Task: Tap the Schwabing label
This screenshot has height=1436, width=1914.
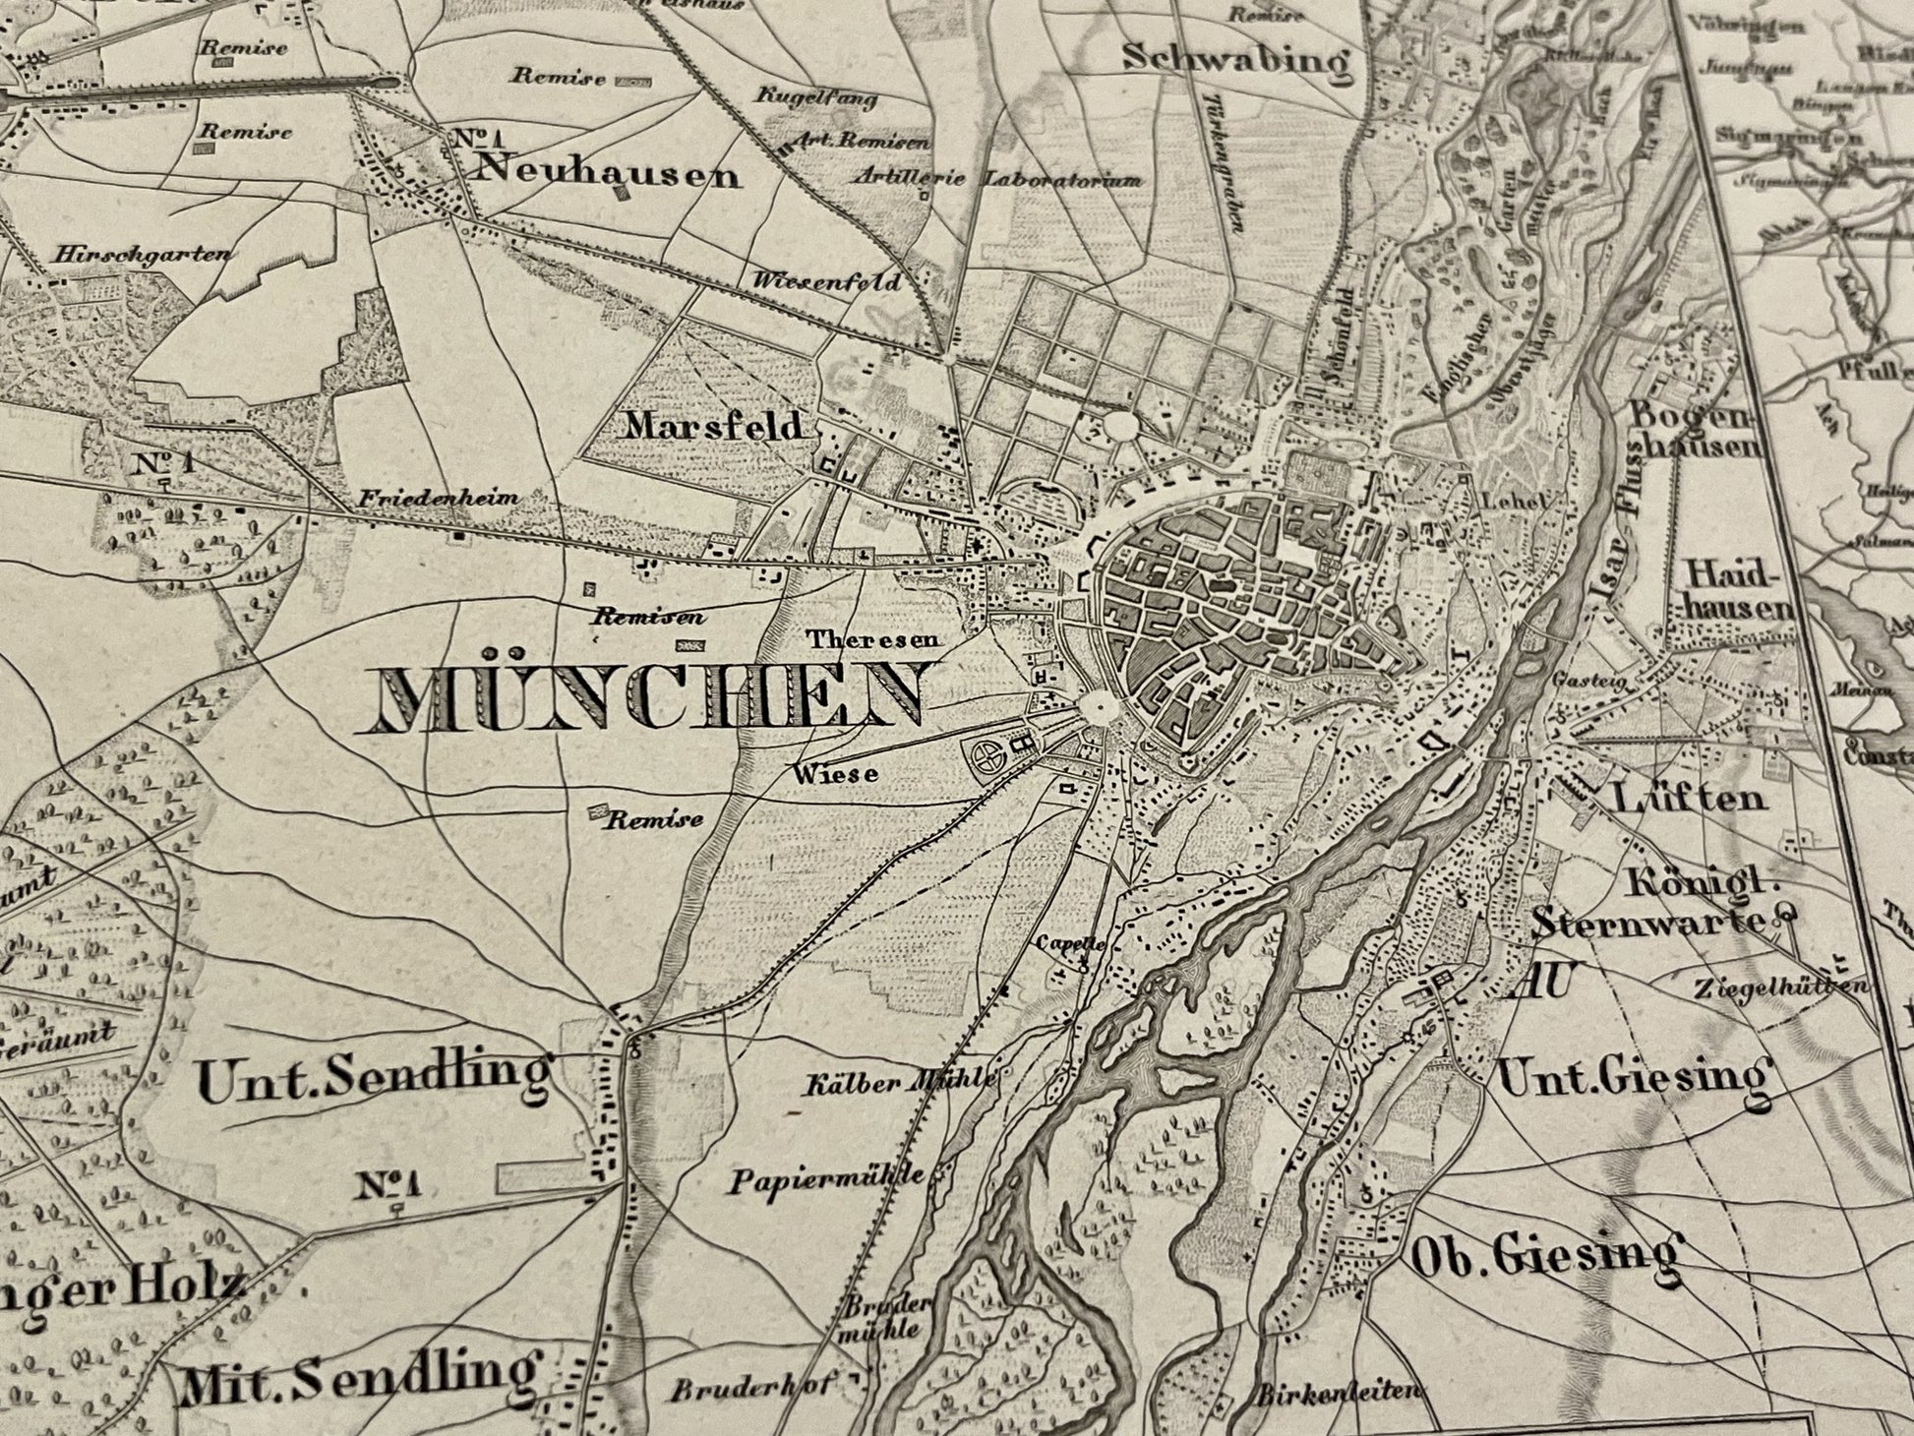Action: [1236, 59]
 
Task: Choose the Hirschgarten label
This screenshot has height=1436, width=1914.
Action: [145, 254]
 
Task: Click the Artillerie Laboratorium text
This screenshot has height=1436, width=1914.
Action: [997, 180]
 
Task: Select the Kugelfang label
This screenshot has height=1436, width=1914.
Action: [816, 97]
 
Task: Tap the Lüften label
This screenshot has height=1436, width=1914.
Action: [1689, 797]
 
